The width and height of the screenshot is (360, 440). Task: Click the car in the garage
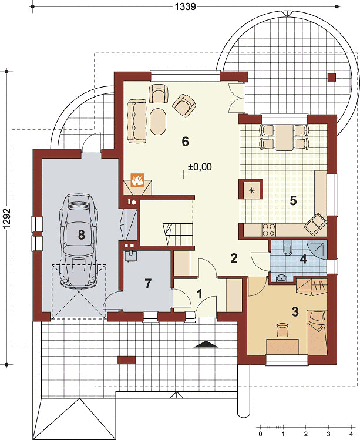(79, 241)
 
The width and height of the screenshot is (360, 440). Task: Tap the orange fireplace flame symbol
(138, 180)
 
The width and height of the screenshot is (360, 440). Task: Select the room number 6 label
(185, 142)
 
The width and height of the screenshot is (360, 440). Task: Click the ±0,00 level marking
(200, 167)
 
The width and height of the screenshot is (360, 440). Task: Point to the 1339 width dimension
(185, 6)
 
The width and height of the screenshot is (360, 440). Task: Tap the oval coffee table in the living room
(158, 122)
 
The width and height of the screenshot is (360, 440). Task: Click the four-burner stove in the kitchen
(268, 230)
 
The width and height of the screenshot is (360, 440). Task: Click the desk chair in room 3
(282, 330)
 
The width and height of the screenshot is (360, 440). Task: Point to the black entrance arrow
(206, 344)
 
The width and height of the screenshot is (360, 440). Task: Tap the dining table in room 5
(284, 137)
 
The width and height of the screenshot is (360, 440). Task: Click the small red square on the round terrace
(332, 78)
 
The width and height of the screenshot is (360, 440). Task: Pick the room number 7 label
(148, 283)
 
